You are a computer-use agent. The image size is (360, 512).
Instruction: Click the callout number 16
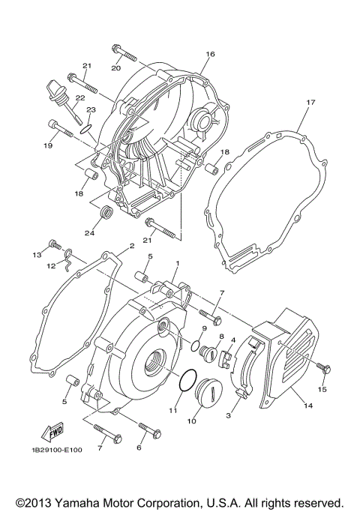pos(210,54)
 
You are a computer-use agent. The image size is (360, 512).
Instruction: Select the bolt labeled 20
pos(124,52)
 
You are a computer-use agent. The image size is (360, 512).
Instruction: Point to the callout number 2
pos(131,246)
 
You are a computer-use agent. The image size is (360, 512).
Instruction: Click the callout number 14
pos(307,406)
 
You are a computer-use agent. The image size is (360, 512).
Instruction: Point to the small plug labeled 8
pos(218,352)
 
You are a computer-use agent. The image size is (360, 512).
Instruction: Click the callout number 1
pos(177,265)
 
